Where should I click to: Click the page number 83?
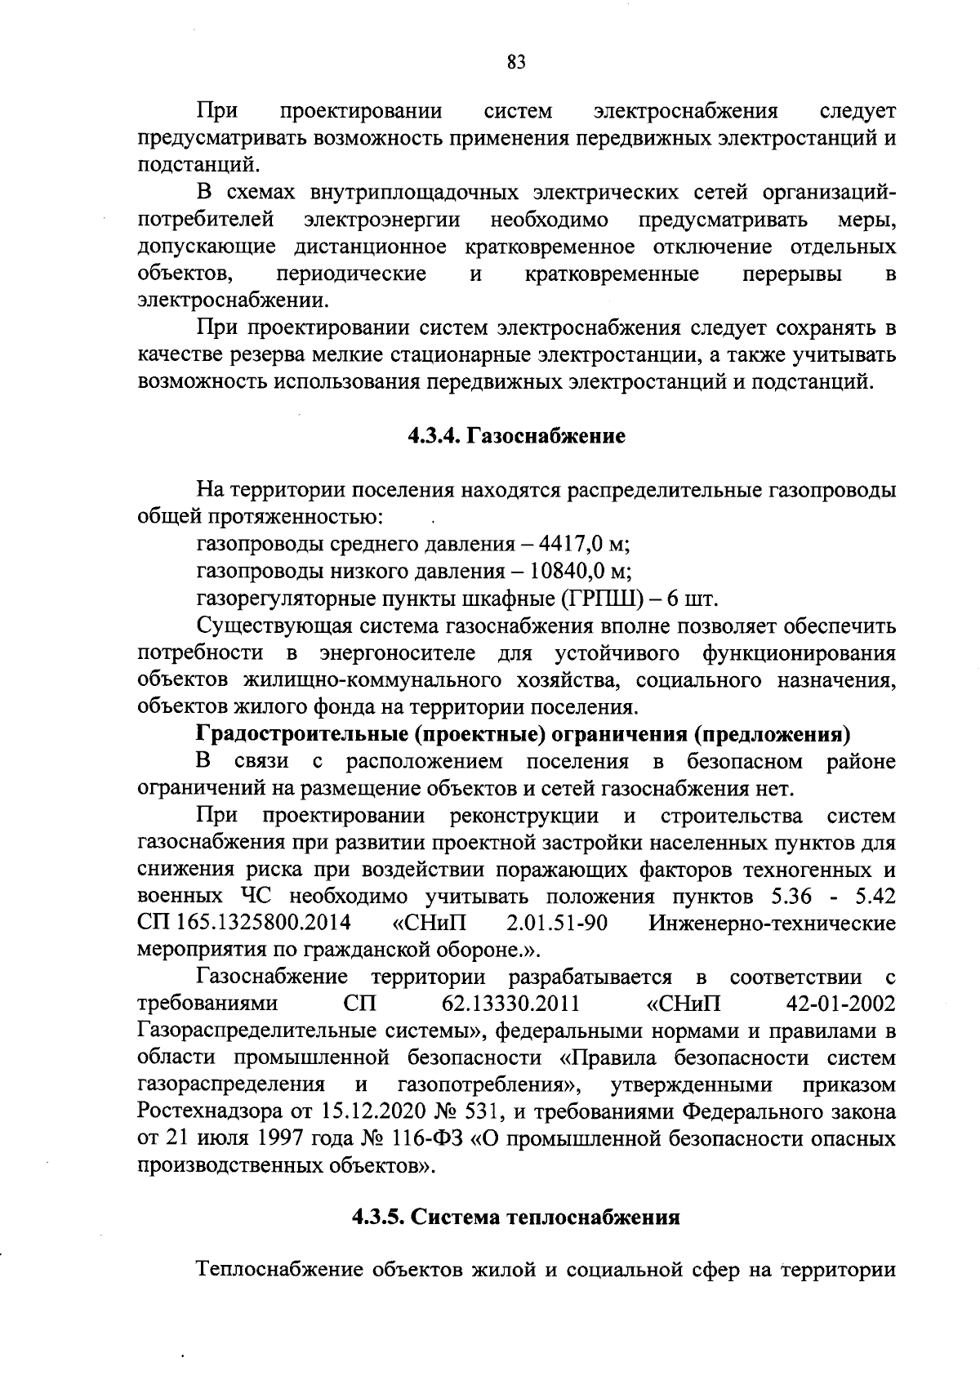tap(515, 63)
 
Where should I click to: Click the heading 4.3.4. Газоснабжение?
tap(516, 437)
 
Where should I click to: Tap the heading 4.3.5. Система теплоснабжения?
tap(516, 1218)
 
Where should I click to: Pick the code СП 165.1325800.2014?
tap(244, 923)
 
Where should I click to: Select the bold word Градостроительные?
tap(303, 734)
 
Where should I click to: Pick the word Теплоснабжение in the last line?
tap(279, 1271)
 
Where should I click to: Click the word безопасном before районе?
tap(744, 762)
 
